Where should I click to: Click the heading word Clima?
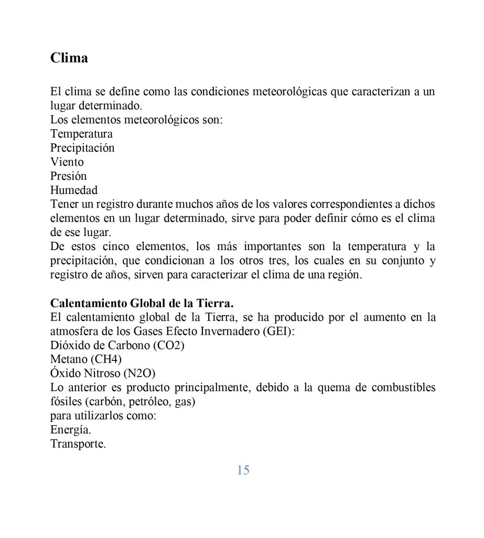coord(69,58)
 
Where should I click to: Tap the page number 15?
coord(243,470)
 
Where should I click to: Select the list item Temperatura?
coord(81,134)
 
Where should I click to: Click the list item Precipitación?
coord(82,148)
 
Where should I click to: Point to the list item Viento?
coord(67,162)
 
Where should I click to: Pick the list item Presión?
coord(68,176)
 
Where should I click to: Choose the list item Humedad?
coord(74,190)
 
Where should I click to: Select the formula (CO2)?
coord(167,346)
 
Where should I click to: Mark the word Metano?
coord(69,360)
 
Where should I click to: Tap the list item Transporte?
coord(78,444)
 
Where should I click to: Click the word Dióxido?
coord(71,346)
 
